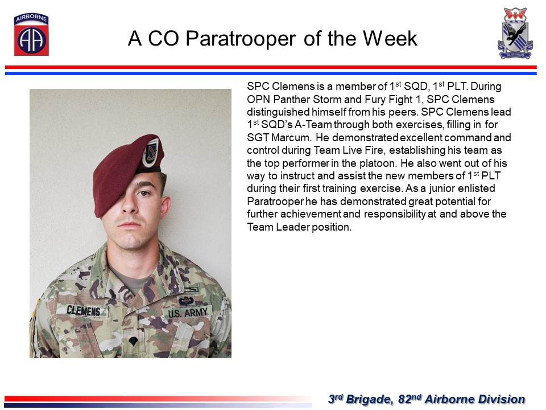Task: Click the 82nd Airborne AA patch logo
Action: point(31,34)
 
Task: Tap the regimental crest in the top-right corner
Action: point(515,34)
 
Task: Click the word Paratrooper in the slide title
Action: point(241,38)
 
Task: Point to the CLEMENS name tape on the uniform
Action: point(83,310)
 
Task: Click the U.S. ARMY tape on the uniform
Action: point(188,313)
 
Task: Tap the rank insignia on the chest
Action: point(133,341)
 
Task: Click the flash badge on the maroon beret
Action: point(151,153)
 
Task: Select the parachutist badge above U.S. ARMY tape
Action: point(187,301)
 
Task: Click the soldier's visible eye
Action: point(143,193)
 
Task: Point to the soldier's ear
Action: point(165,207)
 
